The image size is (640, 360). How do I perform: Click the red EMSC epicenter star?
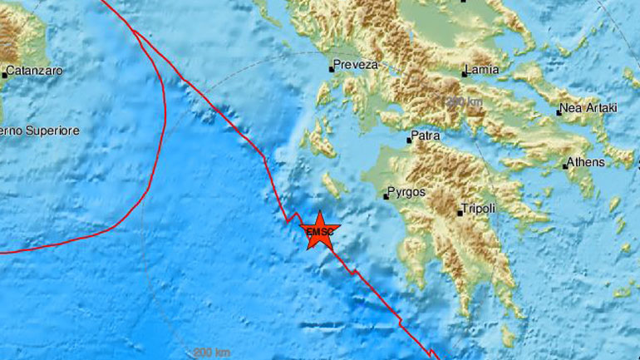319,230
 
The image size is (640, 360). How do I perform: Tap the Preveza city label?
356,65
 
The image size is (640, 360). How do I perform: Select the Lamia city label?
483,70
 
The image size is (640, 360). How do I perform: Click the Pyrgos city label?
407,192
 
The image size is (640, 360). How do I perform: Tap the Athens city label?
587,162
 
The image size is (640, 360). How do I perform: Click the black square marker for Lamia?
464,74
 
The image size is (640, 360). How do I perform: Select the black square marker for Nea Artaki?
559,112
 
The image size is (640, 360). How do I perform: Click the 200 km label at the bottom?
212,353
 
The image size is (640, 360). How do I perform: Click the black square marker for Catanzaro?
4,75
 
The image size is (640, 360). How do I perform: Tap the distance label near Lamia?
465,101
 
